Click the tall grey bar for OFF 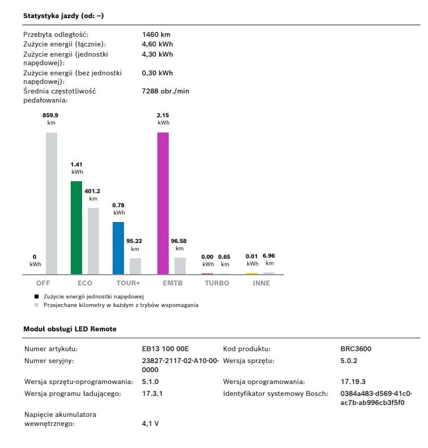tap(52, 203)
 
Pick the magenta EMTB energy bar tap(163, 203)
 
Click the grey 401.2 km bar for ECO tap(93, 241)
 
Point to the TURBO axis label tap(217, 283)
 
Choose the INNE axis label tap(261, 283)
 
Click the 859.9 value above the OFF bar tap(51, 115)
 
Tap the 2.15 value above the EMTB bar tap(163, 115)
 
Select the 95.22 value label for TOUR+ tap(135, 241)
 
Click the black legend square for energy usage tap(37, 296)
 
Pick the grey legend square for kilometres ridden tap(37, 305)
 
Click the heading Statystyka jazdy tap(63, 16)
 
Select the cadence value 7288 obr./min tap(165, 91)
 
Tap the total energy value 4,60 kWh tap(157, 44)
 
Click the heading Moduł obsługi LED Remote tap(70, 329)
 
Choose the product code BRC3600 tap(356, 349)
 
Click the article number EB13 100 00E tap(165, 349)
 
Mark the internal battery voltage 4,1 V tap(150, 423)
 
